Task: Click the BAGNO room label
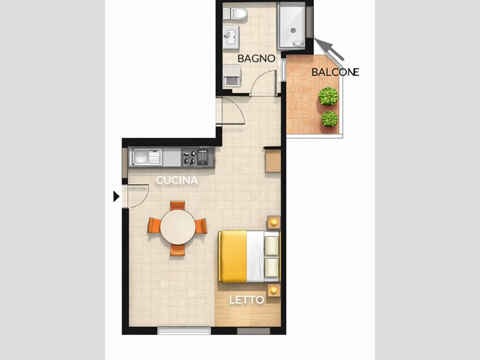[x=256, y=59]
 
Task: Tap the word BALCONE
[x=335, y=72]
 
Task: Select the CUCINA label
[x=177, y=180]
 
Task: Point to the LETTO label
[x=247, y=299]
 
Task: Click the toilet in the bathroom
[x=238, y=13]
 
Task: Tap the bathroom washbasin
[x=230, y=37]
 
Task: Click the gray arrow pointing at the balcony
[x=329, y=50]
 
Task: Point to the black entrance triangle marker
[x=116, y=196]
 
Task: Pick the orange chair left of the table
[x=154, y=226]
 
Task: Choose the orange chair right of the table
[x=201, y=226]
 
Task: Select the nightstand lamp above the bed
[x=274, y=223]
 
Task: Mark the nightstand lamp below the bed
[x=274, y=290]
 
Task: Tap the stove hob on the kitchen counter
[x=190, y=158]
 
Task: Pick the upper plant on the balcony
[x=328, y=96]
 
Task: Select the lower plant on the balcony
[x=329, y=118]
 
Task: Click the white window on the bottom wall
[x=184, y=331]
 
